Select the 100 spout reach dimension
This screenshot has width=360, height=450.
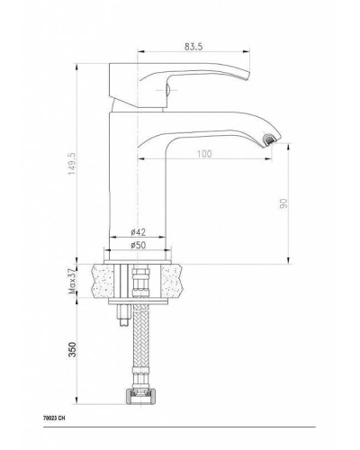coord(206,155)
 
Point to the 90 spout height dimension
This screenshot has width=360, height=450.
coord(284,202)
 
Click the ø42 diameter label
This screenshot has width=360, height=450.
coord(138,231)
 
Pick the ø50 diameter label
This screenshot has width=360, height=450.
coord(138,246)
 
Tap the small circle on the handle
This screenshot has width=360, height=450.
coord(164,88)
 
